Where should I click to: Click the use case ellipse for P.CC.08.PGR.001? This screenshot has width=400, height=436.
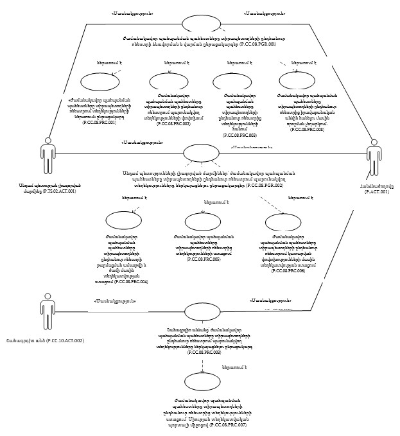(x=201, y=24)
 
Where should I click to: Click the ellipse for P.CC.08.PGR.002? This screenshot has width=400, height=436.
(x=201, y=154)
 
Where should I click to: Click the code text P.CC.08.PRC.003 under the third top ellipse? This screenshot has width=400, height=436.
(x=239, y=136)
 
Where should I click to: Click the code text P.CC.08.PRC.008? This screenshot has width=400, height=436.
(x=307, y=129)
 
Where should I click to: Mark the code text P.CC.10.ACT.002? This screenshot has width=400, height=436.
(x=62, y=340)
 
